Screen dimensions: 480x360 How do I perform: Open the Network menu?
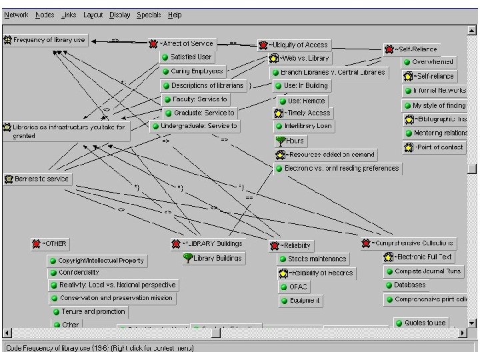(17, 15)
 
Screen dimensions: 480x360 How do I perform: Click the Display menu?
(120, 15)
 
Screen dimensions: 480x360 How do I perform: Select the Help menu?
(175, 15)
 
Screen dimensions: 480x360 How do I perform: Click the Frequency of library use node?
(49, 41)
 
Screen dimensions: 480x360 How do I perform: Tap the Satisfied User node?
(190, 57)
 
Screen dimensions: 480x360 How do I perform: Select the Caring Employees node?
(195, 71)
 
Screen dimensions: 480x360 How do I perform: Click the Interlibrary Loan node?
(307, 126)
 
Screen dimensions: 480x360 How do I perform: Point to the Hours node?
(293, 141)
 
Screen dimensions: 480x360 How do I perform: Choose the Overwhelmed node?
(432, 62)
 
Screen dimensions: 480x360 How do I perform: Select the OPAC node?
(297, 287)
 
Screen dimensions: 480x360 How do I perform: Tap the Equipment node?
(304, 301)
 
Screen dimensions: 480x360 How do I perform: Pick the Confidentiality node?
(78, 273)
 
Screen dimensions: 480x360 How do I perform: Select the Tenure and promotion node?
(92, 311)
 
